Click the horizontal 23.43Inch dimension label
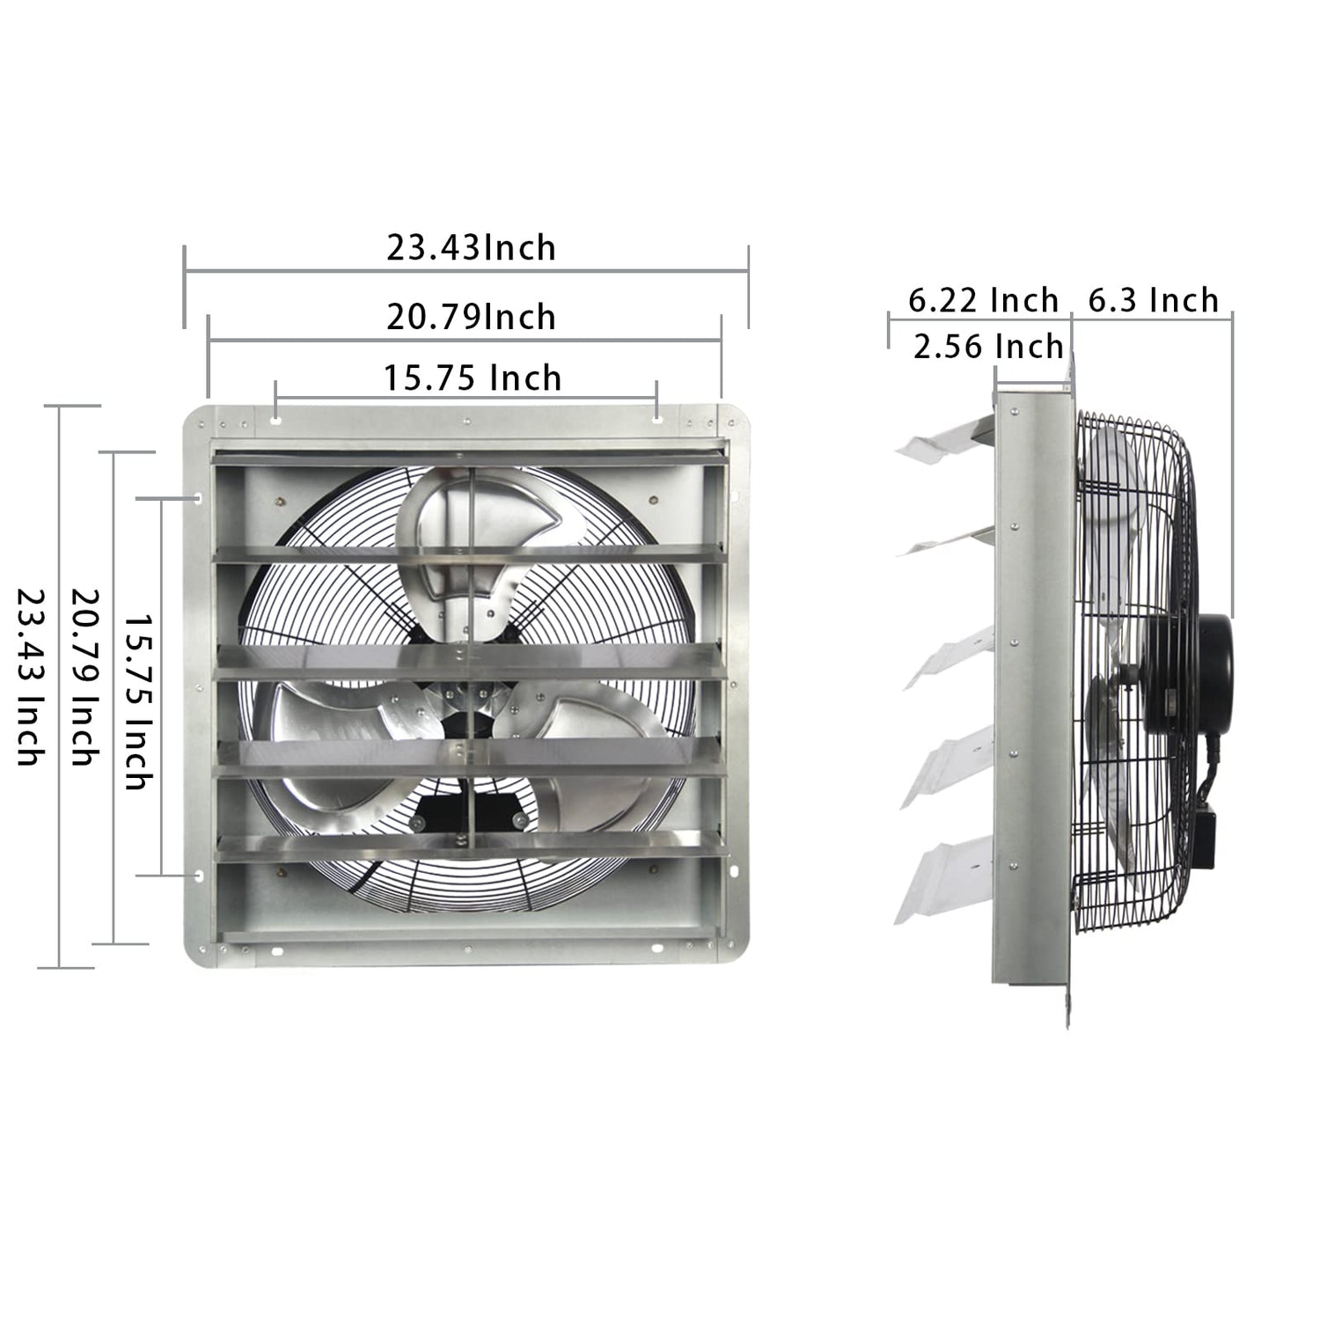(x=471, y=248)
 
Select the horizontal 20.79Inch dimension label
(x=471, y=317)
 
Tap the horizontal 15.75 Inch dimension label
(x=473, y=378)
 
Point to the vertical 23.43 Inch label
(x=30, y=677)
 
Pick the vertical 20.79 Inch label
(x=84, y=677)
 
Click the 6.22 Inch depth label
(x=983, y=301)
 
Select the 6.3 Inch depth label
(x=1153, y=301)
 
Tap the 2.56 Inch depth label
(x=988, y=347)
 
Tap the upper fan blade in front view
(x=458, y=537)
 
